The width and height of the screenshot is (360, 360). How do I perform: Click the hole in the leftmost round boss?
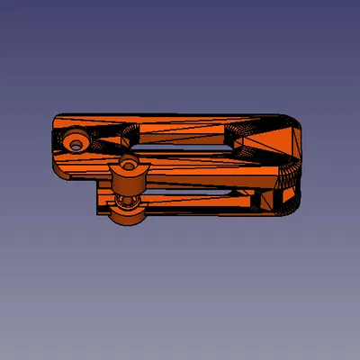tap(75, 142)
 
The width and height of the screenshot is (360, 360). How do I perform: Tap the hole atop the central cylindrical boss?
tap(129, 165)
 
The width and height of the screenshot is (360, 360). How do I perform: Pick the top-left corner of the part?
tap(56, 116)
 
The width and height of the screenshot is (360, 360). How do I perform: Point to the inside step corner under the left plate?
tap(97, 180)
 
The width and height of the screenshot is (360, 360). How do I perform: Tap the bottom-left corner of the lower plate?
tap(98, 214)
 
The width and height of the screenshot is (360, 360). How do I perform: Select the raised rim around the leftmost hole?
tap(65, 142)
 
